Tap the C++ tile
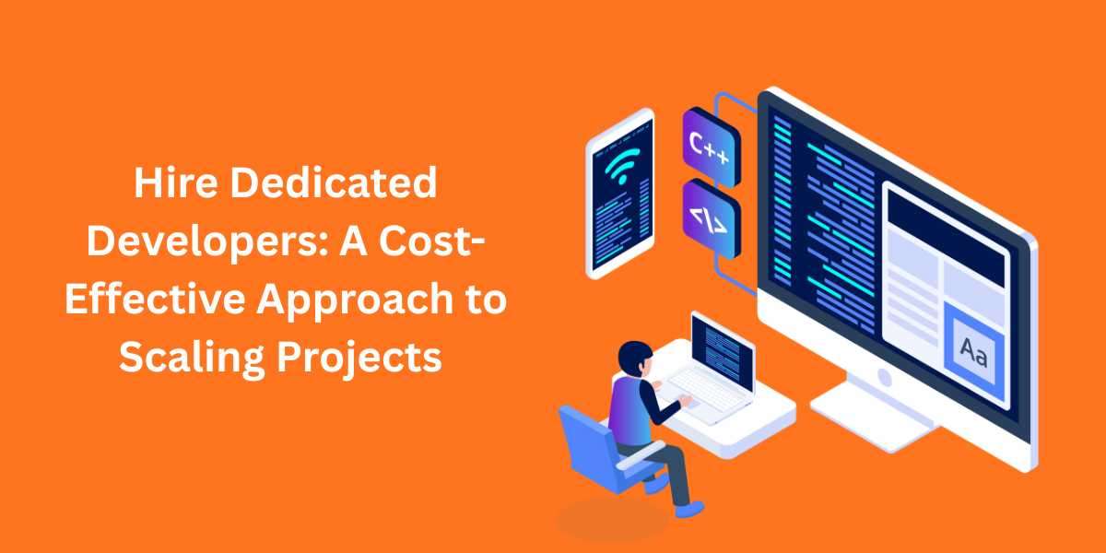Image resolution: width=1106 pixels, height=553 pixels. [x=709, y=147]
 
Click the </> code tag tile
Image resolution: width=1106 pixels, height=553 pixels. [x=709, y=218]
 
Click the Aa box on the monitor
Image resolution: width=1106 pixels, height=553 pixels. [x=973, y=351]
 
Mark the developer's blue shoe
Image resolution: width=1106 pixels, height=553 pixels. [x=687, y=506]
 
